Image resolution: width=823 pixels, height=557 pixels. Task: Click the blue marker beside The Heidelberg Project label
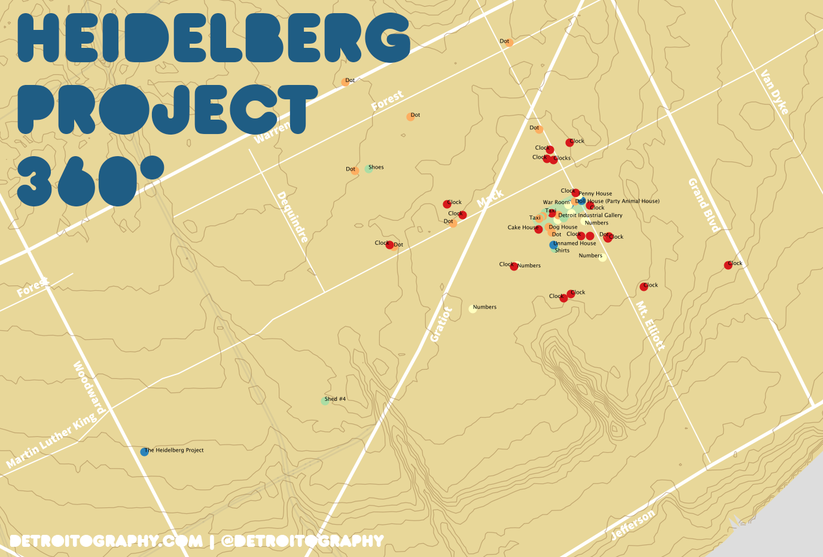(x=144, y=452)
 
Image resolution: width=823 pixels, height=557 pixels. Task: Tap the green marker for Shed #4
(x=325, y=401)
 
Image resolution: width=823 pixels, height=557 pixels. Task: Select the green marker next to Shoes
(x=369, y=169)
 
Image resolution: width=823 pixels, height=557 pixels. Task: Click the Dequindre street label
(x=292, y=217)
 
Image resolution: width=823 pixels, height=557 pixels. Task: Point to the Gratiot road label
(x=442, y=324)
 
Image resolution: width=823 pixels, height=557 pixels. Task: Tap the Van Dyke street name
(x=775, y=92)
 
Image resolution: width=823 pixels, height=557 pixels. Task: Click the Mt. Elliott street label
(x=650, y=325)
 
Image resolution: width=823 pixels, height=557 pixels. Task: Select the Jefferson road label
(x=633, y=525)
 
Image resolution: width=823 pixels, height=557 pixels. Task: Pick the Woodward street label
(x=90, y=388)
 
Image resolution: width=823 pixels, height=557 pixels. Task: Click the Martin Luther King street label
(x=51, y=440)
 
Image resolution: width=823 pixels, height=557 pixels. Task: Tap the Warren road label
(x=272, y=133)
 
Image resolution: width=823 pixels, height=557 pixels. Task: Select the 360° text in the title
(x=90, y=180)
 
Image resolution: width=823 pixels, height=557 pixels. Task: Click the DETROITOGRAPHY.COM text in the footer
(x=106, y=541)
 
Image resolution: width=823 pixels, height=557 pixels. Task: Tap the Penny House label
(x=596, y=194)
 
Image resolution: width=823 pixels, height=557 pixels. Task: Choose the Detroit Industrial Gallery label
(x=590, y=215)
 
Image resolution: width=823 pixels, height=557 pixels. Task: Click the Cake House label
(x=523, y=227)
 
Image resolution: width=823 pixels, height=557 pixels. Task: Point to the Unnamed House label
(x=575, y=244)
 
